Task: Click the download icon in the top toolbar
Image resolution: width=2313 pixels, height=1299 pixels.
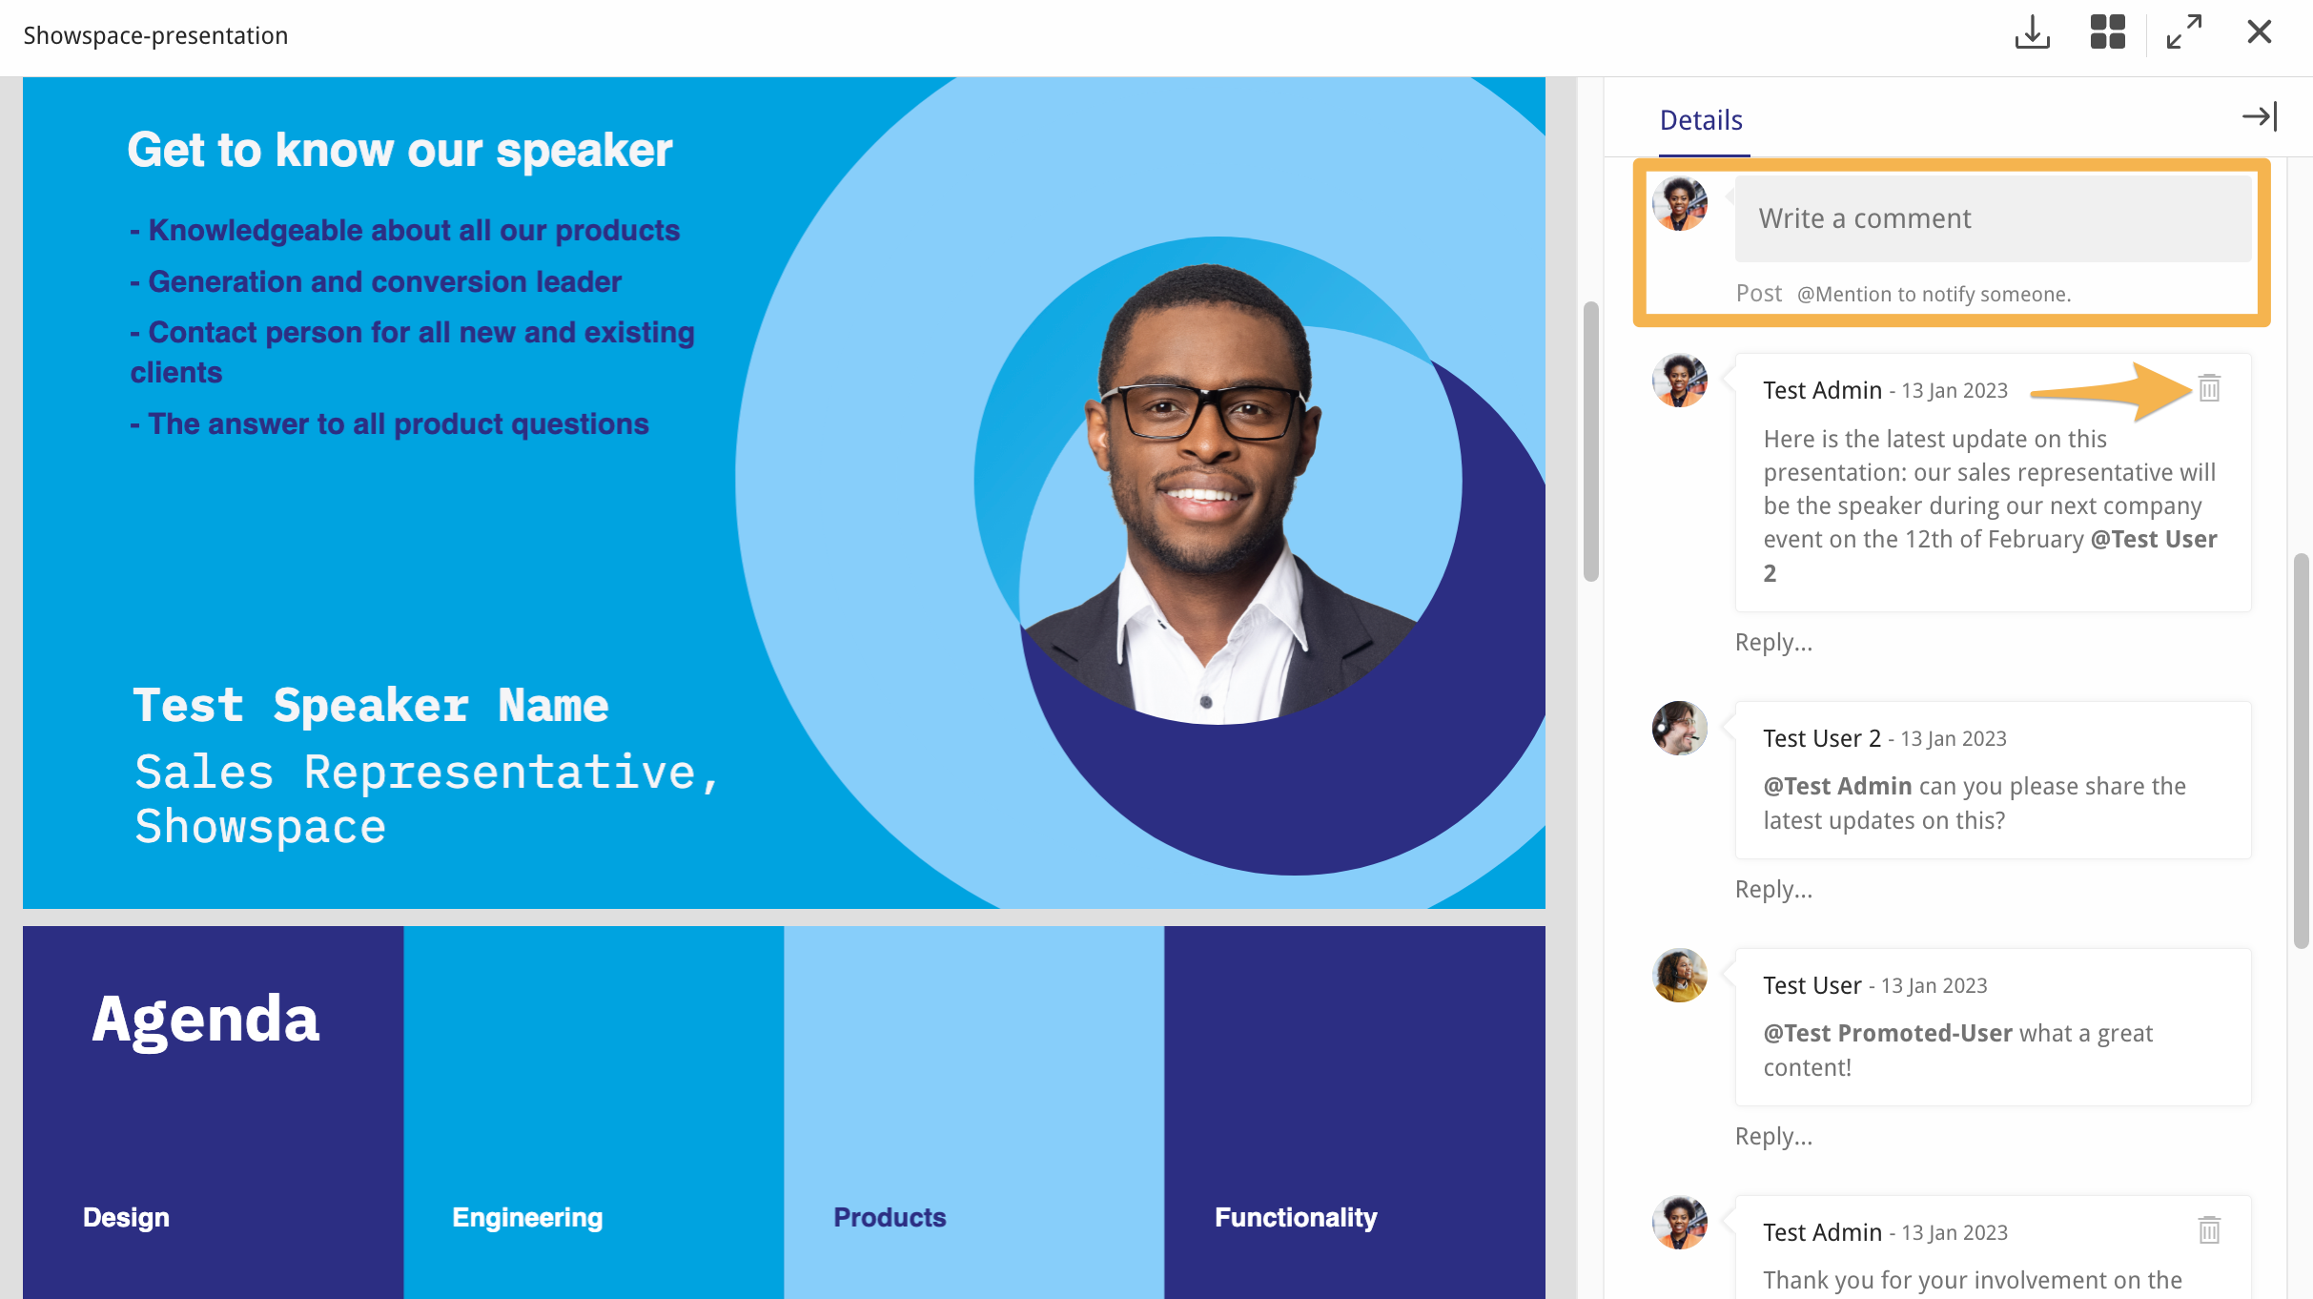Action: point(2032,32)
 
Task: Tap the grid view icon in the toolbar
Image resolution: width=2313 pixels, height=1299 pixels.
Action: point(2107,32)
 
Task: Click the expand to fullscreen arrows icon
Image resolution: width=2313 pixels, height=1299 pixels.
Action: point(2183,32)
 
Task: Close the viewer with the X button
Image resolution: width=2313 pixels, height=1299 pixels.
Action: point(2259,32)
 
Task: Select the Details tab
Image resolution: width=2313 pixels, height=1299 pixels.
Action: point(1701,120)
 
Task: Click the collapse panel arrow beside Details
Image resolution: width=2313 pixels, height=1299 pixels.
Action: point(2260,116)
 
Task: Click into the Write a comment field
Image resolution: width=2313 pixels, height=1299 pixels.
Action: point(1993,218)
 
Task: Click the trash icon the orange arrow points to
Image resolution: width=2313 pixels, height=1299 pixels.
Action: point(2209,388)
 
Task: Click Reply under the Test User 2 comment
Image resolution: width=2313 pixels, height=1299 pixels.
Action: point(1773,889)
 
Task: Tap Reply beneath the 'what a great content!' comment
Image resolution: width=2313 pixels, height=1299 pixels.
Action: point(1773,1136)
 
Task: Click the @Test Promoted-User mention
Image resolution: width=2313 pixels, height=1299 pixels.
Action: point(1888,1033)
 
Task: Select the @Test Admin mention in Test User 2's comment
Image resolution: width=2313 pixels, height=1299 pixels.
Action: point(1837,786)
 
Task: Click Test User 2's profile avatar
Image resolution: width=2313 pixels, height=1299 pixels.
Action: point(1679,729)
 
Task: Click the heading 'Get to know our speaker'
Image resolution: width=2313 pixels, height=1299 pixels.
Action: point(399,151)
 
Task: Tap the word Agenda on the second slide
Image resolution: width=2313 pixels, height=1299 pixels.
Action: point(205,1019)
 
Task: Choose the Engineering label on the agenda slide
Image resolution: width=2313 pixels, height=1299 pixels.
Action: point(527,1217)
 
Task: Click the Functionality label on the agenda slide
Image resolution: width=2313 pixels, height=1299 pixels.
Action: point(1296,1217)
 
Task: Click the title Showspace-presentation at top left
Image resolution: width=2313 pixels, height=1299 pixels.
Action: point(155,35)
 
